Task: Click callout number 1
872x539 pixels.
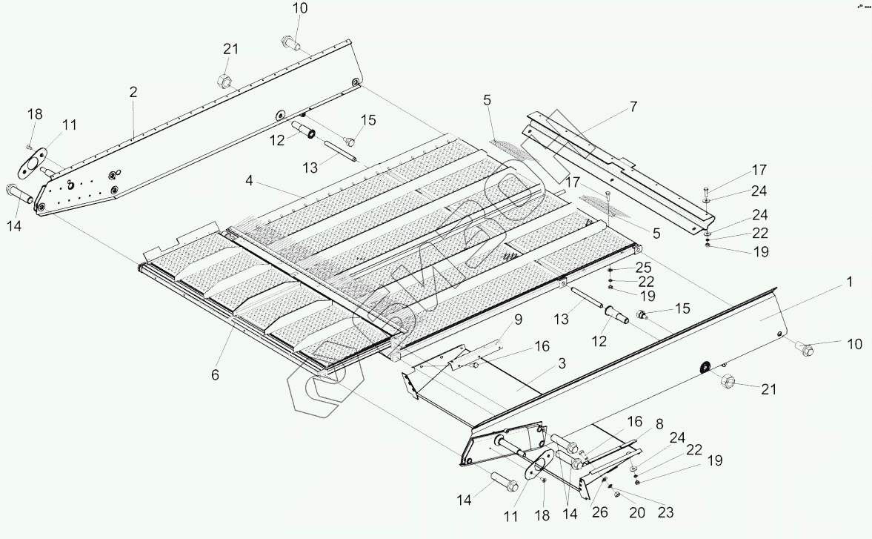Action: pyautogui.click(x=851, y=282)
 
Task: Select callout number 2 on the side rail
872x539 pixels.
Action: pyautogui.click(x=133, y=93)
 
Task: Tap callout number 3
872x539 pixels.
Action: pyautogui.click(x=562, y=363)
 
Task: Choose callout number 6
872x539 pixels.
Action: pyautogui.click(x=215, y=375)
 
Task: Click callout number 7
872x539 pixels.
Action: pyautogui.click(x=633, y=107)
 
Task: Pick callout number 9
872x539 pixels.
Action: pyautogui.click(x=518, y=320)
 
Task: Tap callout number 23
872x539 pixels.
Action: pyautogui.click(x=666, y=512)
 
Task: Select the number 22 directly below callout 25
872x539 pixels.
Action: pyautogui.click(x=646, y=281)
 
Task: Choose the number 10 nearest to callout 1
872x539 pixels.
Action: pyautogui.click(x=854, y=343)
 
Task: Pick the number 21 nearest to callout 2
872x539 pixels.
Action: pyautogui.click(x=230, y=49)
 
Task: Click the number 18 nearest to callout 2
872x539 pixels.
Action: pyautogui.click(x=35, y=114)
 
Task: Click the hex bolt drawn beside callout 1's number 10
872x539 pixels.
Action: pyautogui.click(x=805, y=347)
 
